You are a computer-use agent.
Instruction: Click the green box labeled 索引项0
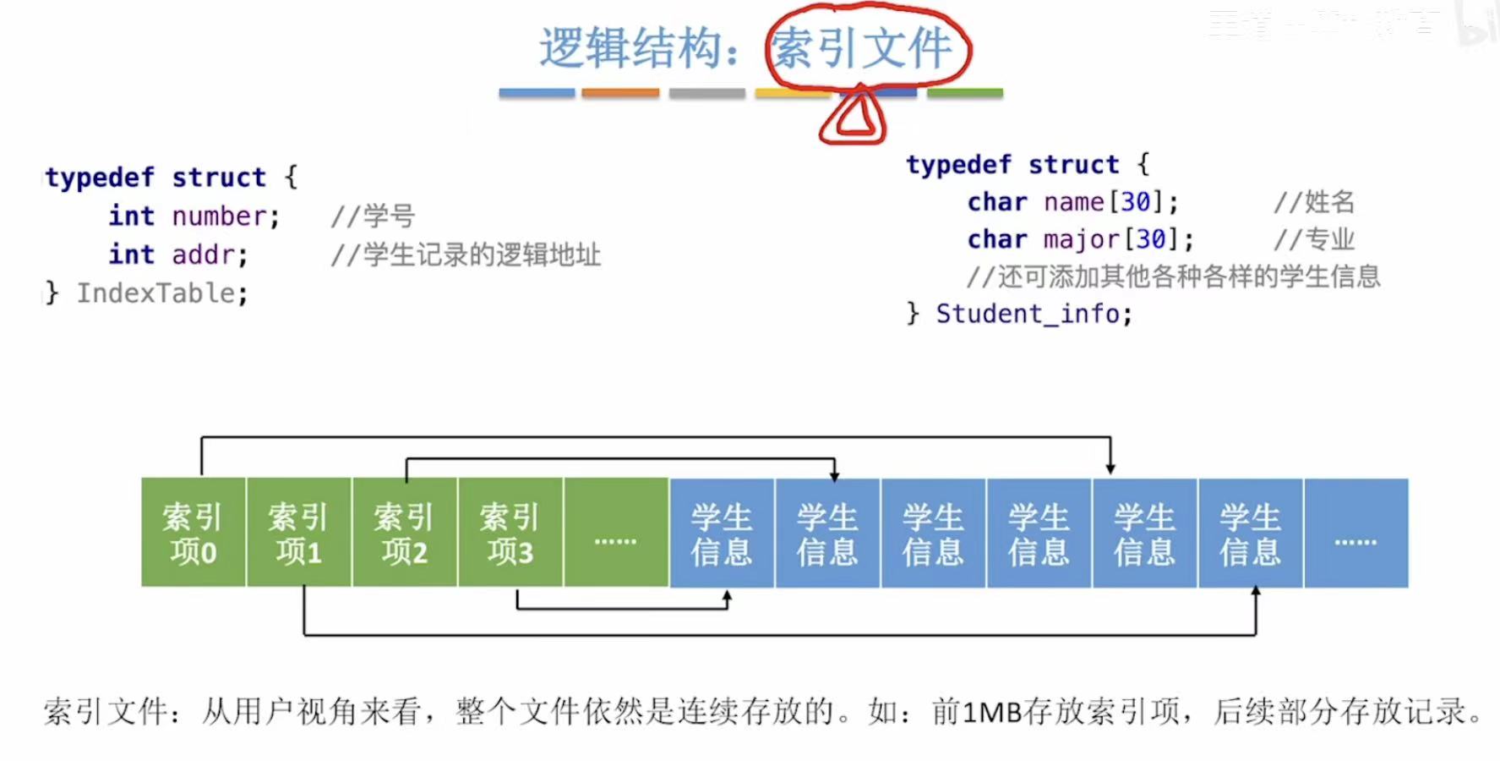point(194,533)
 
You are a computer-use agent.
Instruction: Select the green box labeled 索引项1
point(299,533)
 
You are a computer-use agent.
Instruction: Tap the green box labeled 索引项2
point(405,533)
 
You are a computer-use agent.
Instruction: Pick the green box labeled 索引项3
point(510,533)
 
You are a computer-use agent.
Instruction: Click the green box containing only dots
point(616,533)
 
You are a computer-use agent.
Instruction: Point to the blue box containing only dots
point(1356,533)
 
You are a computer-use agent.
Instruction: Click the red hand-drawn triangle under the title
point(854,118)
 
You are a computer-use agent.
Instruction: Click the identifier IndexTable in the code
point(156,293)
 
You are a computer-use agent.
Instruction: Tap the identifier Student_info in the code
point(1028,314)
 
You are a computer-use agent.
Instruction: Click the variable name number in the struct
point(220,216)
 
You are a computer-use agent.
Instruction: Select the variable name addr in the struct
point(204,255)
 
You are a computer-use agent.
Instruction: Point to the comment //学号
point(373,216)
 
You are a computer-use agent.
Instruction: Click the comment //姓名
point(1314,202)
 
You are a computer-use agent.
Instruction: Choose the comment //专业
point(1314,239)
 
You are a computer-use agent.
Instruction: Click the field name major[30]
point(1106,239)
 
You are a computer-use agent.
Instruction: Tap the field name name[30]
point(1099,202)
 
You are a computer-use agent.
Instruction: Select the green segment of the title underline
point(965,93)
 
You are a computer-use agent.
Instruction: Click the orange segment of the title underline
point(620,93)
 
